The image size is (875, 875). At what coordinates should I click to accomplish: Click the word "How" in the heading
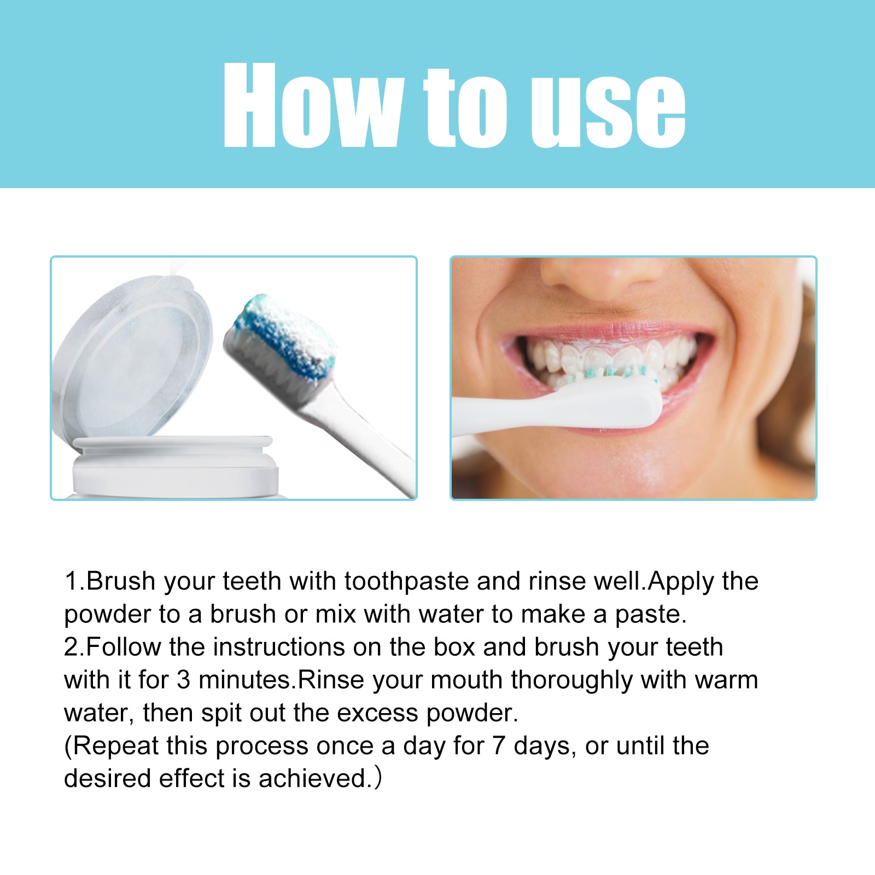(x=313, y=105)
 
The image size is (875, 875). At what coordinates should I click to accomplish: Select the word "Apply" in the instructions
(x=680, y=582)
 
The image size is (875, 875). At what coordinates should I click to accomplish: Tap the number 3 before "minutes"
(x=184, y=680)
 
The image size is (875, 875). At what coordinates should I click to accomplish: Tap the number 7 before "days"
(x=498, y=746)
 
